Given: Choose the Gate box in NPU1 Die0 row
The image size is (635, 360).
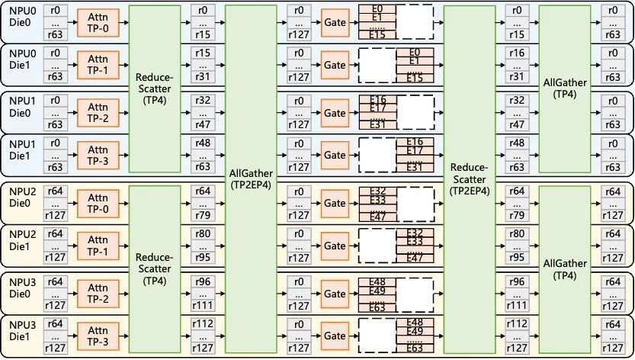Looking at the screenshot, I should (x=335, y=113).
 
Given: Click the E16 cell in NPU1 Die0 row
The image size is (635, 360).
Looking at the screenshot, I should (x=377, y=100).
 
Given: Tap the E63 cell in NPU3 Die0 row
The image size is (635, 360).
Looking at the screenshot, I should (x=377, y=307).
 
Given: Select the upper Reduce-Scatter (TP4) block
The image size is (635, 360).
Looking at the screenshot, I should (x=155, y=88).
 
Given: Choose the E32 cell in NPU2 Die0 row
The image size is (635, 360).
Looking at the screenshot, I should (x=377, y=190).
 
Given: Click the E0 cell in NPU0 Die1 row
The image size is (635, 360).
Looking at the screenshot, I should (x=415, y=52).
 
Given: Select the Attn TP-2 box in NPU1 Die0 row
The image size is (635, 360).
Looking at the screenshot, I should (x=98, y=113).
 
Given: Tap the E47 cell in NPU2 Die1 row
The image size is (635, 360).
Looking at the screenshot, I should (x=415, y=258).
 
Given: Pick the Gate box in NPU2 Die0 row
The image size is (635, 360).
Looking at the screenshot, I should (x=335, y=203).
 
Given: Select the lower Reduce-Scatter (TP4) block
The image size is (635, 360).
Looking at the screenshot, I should (x=155, y=268).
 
